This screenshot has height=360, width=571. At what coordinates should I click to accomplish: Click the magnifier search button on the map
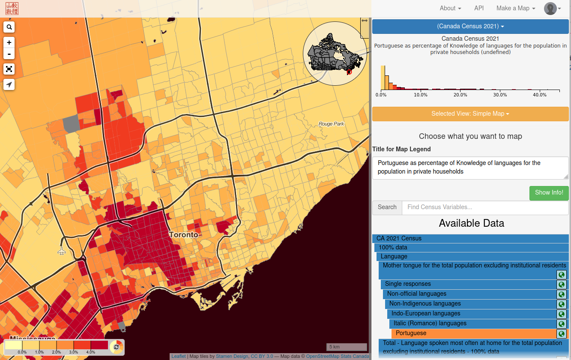tap(9, 27)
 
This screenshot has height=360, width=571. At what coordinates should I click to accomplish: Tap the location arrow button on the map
tap(9, 84)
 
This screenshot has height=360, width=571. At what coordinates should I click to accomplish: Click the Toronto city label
tap(184, 235)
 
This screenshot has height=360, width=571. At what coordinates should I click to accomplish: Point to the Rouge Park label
tap(331, 124)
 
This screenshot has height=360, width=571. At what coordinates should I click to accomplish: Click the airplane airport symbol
tap(62, 251)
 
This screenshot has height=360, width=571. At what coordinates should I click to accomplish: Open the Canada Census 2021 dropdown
tap(470, 26)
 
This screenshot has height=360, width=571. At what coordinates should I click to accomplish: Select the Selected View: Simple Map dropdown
tap(470, 114)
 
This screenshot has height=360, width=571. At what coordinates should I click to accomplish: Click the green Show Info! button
tap(549, 193)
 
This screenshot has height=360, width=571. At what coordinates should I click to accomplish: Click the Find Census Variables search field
tap(485, 207)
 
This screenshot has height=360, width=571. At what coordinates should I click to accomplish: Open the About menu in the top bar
tap(450, 8)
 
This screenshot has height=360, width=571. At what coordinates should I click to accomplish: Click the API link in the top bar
tap(479, 8)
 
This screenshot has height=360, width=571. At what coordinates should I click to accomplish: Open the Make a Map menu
tap(515, 8)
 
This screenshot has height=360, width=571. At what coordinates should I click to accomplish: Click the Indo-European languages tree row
tap(471, 314)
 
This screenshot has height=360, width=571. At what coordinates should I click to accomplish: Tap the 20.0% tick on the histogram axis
tap(460, 95)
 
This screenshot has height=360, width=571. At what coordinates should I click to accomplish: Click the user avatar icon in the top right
tap(550, 9)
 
